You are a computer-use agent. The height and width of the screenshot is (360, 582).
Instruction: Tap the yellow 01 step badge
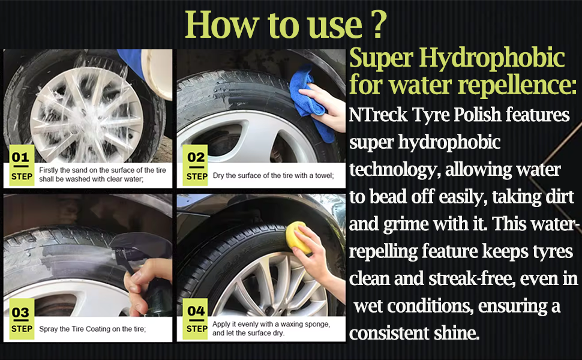[22, 165]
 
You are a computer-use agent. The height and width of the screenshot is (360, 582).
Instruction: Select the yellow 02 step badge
[195, 165]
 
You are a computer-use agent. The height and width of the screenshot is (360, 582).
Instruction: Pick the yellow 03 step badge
[22, 319]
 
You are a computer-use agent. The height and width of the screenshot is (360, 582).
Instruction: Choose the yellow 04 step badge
[195, 319]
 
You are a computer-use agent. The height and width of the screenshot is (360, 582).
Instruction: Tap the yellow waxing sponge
[299, 238]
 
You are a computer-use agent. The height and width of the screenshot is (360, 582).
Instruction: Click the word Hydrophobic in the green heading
[492, 59]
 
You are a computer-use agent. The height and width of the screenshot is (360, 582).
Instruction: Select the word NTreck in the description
[378, 115]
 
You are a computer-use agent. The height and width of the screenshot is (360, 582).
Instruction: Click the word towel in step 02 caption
[323, 176]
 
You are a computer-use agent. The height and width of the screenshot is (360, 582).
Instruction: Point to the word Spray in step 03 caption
[49, 329]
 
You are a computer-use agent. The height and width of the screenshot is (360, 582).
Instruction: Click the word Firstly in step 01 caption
[49, 170]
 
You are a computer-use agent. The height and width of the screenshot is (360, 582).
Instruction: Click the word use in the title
[335, 25]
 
